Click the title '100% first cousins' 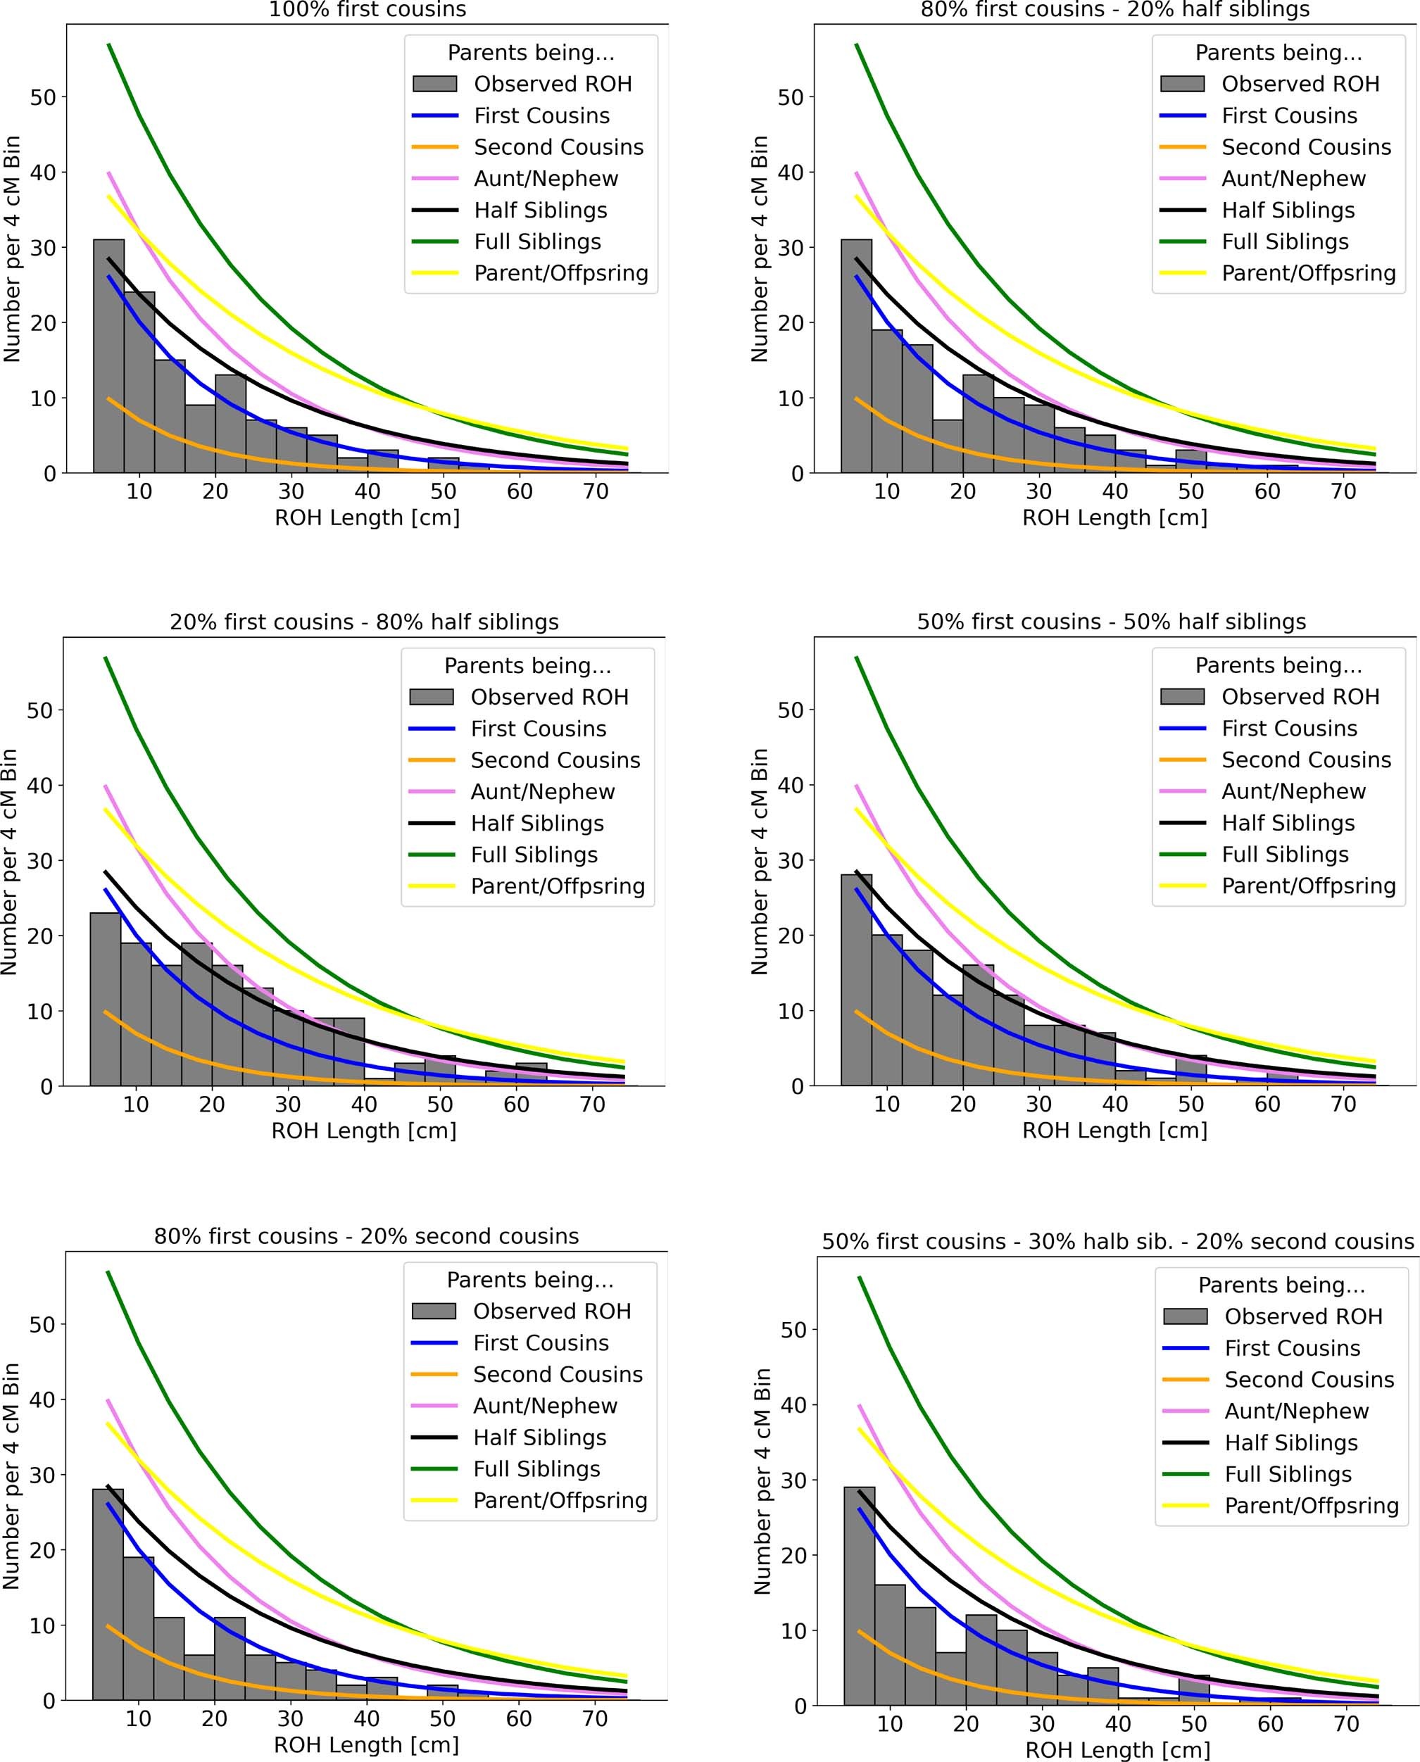click(x=367, y=10)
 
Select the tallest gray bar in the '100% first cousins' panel click(x=109, y=355)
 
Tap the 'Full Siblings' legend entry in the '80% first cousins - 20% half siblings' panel click(x=1284, y=241)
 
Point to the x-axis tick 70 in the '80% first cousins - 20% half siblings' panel click(x=1343, y=491)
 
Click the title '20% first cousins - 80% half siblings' click(x=364, y=622)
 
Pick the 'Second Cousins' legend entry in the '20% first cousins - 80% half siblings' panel click(x=555, y=760)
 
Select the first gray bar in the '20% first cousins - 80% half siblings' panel click(x=106, y=1000)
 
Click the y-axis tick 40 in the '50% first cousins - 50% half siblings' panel click(x=790, y=786)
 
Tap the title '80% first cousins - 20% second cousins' click(x=367, y=1236)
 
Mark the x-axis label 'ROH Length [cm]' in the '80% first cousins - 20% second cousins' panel click(x=365, y=1745)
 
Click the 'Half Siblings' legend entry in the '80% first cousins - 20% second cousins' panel click(x=539, y=1437)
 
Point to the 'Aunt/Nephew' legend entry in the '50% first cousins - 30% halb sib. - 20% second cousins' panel click(x=1295, y=1411)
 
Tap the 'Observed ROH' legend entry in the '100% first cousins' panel click(x=552, y=84)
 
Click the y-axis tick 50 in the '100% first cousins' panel click(x=42, y=97)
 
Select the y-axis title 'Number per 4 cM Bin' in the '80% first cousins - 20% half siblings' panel click(x=760, y=248)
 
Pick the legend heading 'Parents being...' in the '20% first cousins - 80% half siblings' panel click(x=527, y=666)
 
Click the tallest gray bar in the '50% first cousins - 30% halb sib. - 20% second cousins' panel click(x=859, y=1596)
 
